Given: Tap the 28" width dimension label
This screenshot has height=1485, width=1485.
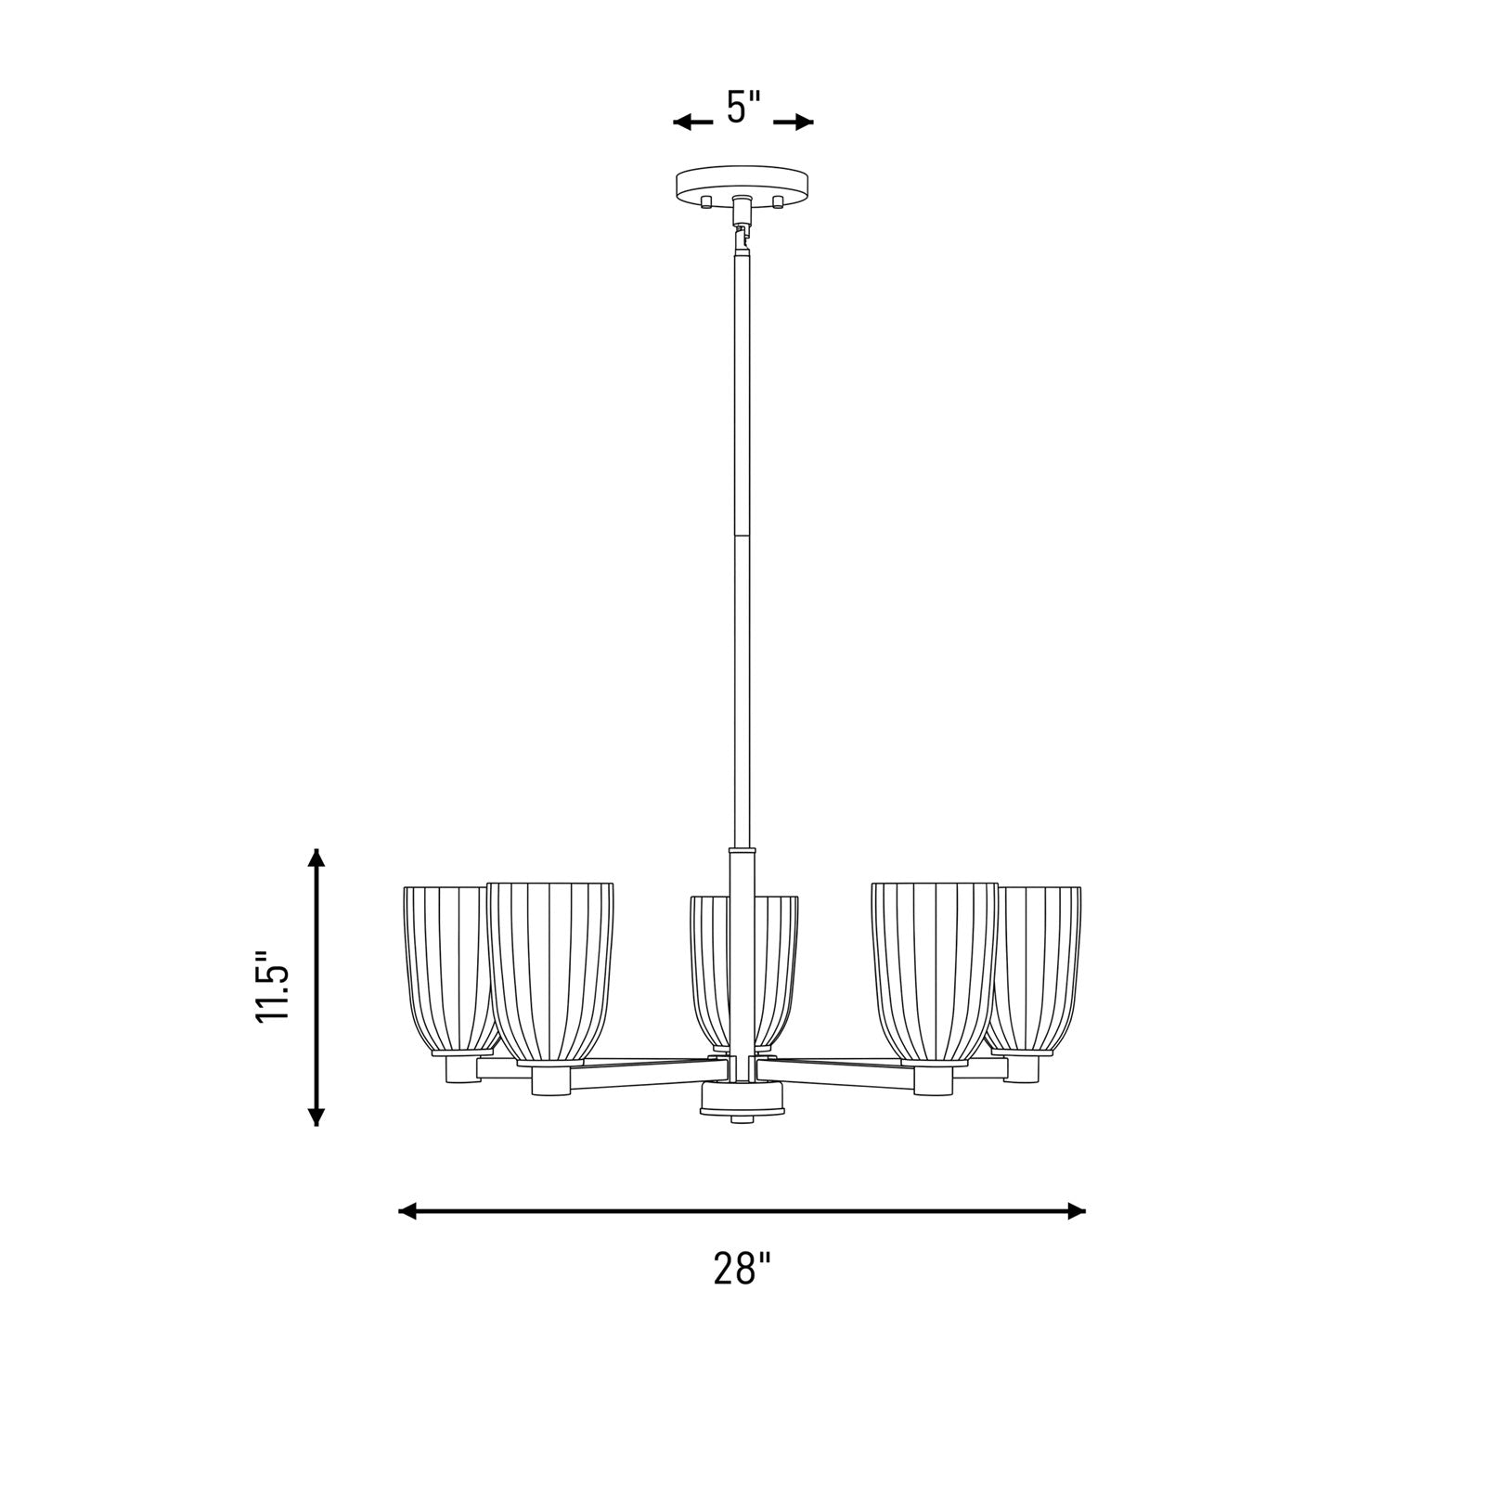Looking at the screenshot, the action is click(x=742, y=1268).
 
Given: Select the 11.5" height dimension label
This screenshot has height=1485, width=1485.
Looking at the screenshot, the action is click(x=274, y=987).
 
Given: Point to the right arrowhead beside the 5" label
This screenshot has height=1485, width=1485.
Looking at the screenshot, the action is click(x=802, y=122).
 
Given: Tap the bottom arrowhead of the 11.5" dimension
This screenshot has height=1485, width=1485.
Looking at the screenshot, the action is click(x=316, y=1115).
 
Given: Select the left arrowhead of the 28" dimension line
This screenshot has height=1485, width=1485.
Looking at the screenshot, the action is click(x=409, y=1210).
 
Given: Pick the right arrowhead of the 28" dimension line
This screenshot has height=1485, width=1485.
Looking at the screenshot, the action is click(x=1076, y=1210).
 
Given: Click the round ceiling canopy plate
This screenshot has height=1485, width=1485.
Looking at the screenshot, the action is click(x=743, y=182).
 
